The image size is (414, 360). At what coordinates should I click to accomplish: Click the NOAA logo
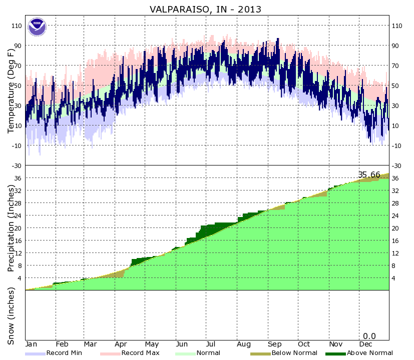[x=37, y=27]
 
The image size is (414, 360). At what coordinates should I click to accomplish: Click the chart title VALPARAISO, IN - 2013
[x=206, y=9]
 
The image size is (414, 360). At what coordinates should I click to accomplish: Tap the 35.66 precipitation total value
[x=369, y=174]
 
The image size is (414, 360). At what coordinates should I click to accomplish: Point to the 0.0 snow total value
[x=369, y=336]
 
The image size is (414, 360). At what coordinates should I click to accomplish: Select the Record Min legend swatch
[x=35, y=353]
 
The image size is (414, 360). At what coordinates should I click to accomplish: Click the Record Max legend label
[x=140, y=353]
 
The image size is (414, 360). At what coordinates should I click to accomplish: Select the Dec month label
[x=365, y=344]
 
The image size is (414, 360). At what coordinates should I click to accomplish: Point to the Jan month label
[x=31, y=344]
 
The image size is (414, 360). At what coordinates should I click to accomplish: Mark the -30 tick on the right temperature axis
[x=397, y=165]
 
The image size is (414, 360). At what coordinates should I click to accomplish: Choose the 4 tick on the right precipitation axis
[x=394, y=278]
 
